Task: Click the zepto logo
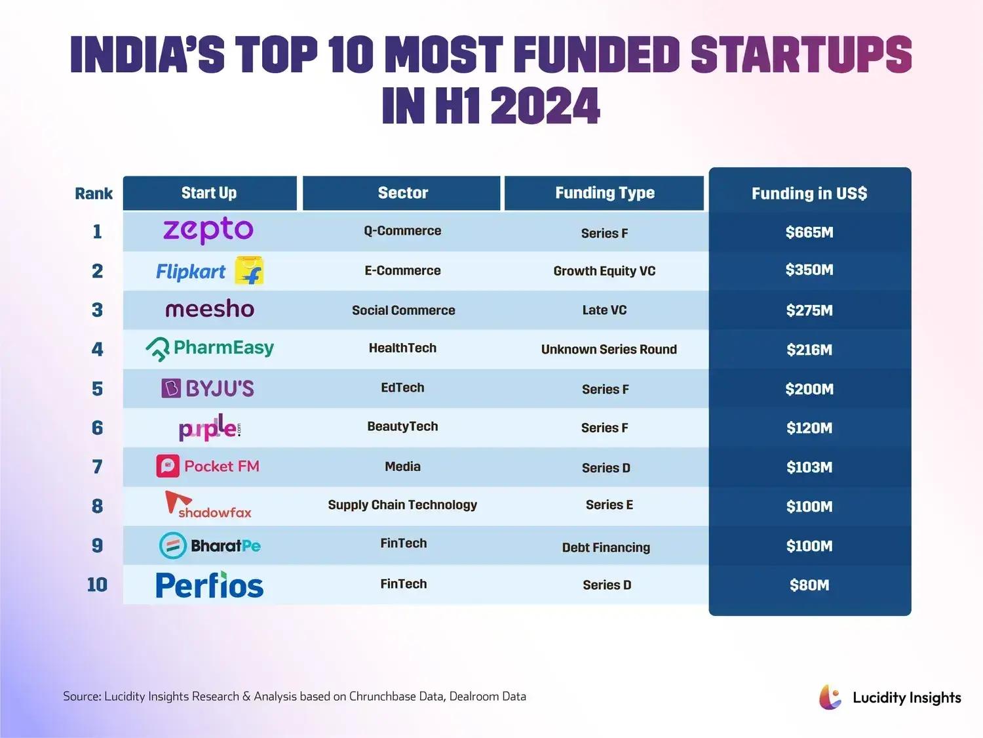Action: point(208,231)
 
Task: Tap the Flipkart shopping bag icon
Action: point(250,270)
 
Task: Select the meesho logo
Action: point(210,309)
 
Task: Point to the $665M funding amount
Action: point(809,232)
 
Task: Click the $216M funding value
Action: point(809,350)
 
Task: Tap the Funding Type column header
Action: point(604,193)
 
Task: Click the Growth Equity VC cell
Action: point(604,271)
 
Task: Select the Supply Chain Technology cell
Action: point(402,505)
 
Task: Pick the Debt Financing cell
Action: point(606,548)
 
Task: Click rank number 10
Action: point(97,584)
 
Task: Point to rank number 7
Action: point(97,467)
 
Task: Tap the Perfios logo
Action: point(210,584)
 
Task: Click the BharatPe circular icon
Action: point(172,545)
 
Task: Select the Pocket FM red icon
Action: point(168,466)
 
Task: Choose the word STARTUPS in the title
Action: point(801,54)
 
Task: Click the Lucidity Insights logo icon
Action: point(830,697)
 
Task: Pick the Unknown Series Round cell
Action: point(609,350)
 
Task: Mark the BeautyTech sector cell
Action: point(402,426)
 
